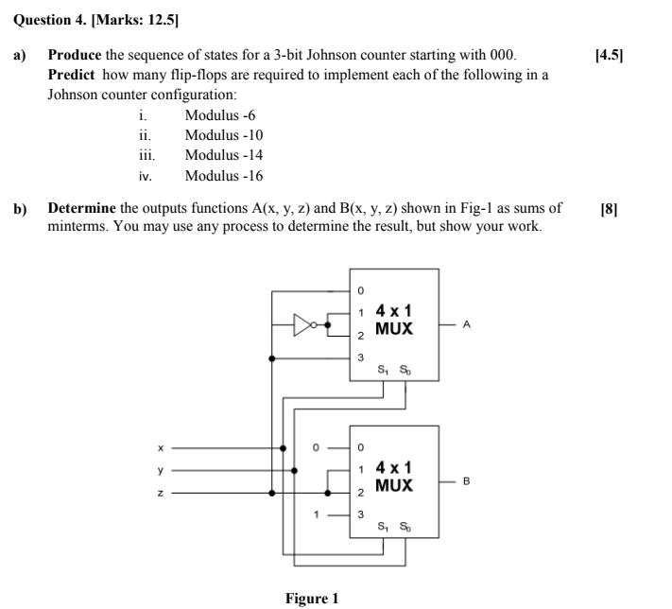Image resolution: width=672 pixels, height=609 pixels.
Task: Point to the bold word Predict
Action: (x=71, y=75)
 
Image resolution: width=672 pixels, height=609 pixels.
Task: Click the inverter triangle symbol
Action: (x=304, y=326)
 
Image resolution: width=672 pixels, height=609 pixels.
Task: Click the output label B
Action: (x=466, y=480)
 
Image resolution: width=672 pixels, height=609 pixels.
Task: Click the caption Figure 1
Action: (x=311, y=599)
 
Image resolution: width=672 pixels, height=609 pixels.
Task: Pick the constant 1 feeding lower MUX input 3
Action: (x=319, y=514)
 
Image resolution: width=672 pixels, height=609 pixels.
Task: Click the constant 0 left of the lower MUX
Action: (x=319, y=446)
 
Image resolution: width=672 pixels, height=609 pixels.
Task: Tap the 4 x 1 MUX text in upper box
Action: (x=394, y=320)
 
